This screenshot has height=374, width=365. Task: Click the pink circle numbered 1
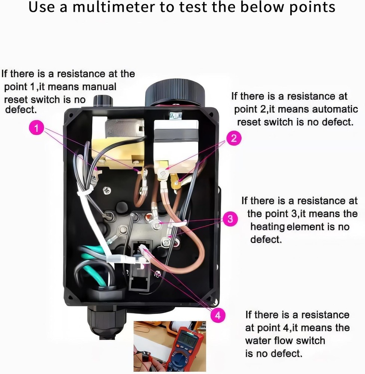click(36, 128)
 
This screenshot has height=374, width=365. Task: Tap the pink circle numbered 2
click(234, 138)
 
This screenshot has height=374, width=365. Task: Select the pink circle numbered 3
click(230, 218)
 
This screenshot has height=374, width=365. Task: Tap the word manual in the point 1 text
click(99, 87)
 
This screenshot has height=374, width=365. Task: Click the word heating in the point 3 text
click(267, 227)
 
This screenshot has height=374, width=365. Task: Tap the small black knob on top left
click(103, 100)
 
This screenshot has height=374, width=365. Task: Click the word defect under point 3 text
click(266, 239)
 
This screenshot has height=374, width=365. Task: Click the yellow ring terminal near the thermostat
click(176, 183)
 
